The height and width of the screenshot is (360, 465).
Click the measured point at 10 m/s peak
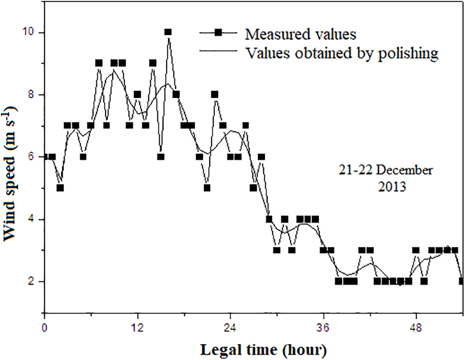coord(168,32)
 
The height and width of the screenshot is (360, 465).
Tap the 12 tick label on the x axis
coord(137,329)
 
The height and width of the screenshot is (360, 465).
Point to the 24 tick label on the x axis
coord(231,329)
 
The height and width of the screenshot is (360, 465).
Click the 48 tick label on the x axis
coord(417,329)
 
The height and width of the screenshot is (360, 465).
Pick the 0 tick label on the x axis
coord(44,329)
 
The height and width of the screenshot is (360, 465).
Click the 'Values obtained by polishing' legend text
coord(341,53)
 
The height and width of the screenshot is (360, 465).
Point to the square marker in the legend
coord(218,32)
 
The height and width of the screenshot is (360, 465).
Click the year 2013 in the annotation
coord(390,186)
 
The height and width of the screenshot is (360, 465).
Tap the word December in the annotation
coord(404,170)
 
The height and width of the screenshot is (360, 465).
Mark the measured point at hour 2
coord(60,188)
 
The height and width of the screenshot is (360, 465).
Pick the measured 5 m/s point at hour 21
coord(207,188)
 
